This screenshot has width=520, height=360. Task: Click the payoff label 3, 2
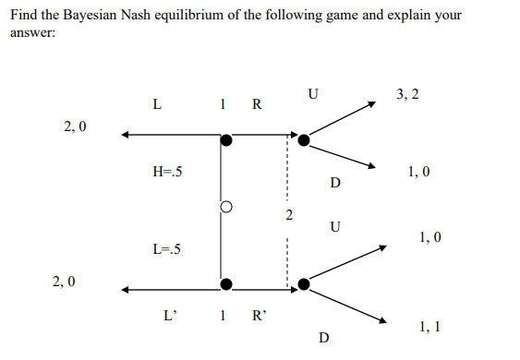pos(407,94)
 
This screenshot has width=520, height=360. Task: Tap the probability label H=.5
pos(168,171)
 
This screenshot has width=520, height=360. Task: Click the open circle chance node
pos(223,208)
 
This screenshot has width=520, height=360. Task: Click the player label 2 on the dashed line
pos(288,216)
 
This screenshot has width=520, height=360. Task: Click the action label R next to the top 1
pos(256,103)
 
